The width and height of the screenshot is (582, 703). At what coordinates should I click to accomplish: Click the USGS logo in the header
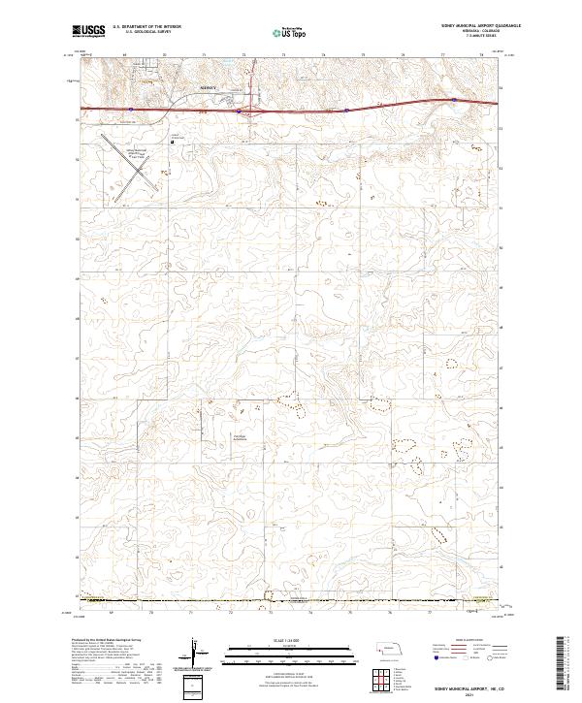coord(89,33)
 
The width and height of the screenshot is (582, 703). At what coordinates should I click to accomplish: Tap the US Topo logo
coord(288,33)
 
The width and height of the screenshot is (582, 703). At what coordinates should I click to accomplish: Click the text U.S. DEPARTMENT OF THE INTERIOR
coord(149,27)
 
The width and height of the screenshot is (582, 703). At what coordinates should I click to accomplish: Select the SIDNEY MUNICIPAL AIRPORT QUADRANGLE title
coord(452,27)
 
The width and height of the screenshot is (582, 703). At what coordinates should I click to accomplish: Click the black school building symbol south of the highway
coord(172,142)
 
